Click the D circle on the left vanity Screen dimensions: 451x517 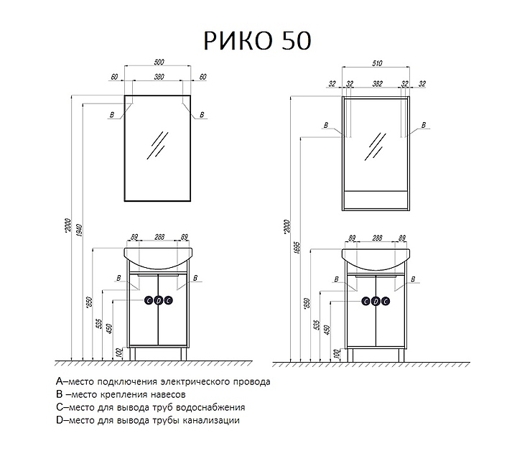tap(158, 301)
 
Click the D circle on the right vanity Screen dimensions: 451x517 tap(375, 301)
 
